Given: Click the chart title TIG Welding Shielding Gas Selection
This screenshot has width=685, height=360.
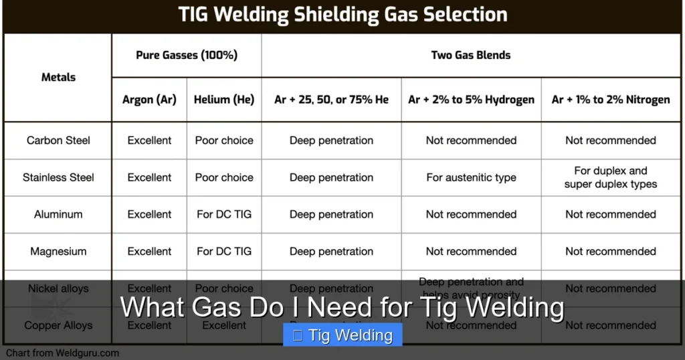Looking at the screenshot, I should coord(342,15).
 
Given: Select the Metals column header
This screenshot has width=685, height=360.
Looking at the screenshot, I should coord(58,77).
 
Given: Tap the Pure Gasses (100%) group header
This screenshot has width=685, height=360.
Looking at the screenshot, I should coord(187,55).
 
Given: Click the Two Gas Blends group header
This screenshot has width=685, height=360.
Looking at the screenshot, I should coord(471,55).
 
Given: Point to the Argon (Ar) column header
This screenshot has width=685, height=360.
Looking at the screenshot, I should coord(149,100).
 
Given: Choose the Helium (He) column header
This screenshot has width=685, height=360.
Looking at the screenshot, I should coord(224,100).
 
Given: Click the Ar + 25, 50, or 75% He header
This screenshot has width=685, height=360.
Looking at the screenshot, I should coord(331,100).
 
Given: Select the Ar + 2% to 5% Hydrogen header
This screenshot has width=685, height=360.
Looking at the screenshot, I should coord(471,100).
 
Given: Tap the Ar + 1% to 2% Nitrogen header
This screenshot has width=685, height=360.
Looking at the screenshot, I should coord(610,100).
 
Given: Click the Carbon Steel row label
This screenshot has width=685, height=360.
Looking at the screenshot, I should coord(58,141).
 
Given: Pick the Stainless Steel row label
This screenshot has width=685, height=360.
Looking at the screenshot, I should coord(58,177).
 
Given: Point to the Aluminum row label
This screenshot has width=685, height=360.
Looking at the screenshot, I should coord(58,215).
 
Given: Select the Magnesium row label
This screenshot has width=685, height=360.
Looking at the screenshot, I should coord(58,252).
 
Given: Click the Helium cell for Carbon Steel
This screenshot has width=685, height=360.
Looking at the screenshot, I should coord(224,141).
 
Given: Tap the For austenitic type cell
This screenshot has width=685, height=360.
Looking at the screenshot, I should coord(471,177).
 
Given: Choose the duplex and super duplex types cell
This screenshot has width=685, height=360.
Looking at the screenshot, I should coord(610,177).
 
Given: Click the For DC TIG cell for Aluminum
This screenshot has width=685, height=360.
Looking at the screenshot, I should coord(224,215).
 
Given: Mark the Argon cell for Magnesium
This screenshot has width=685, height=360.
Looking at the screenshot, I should coord(149,252).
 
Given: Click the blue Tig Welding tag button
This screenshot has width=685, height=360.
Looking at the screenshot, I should coord(342,335).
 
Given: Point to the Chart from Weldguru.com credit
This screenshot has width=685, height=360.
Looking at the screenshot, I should coord(63,353).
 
